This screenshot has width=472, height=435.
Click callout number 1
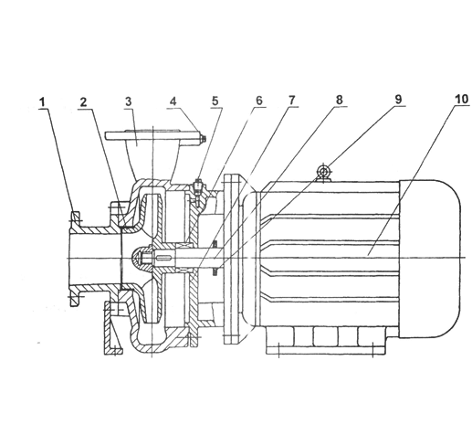pos(43,102)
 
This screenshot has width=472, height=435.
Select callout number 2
pos(83,102)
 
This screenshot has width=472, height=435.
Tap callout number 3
pos(129,101)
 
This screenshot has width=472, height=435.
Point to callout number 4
pos(173,101)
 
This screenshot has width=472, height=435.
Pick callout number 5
pos(215,101)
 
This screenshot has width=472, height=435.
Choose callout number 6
pos(259,101)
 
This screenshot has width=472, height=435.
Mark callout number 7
pos(291,100)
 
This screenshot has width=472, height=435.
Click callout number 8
pos(339,100)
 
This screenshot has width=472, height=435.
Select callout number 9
pos(398,100)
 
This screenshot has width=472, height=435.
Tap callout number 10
pos(461,100)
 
